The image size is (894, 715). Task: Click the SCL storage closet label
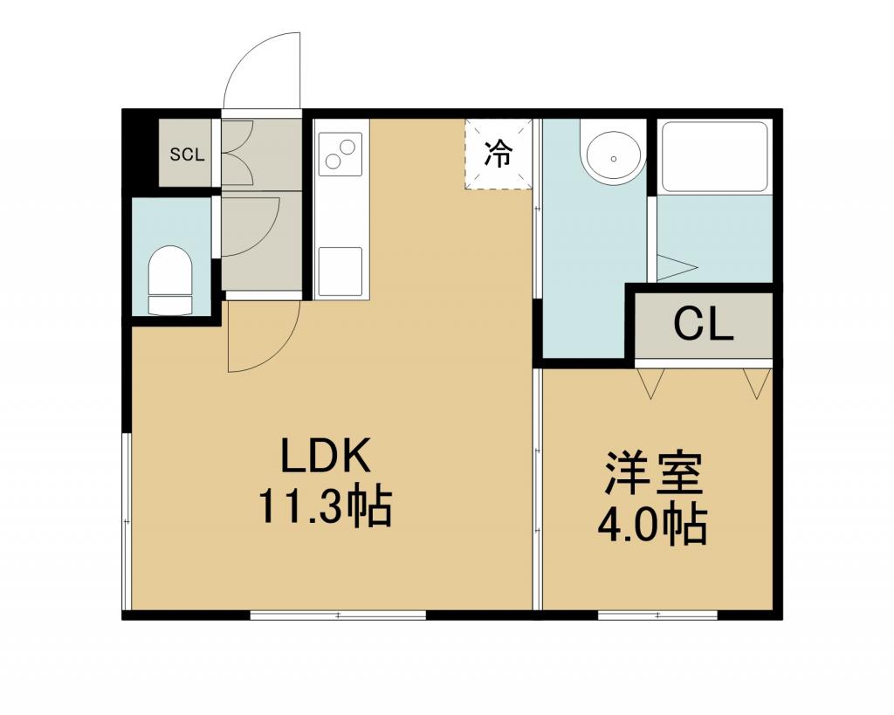point(187,154)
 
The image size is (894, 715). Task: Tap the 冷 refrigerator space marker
point(499,154)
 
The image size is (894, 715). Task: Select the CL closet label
point(703,325)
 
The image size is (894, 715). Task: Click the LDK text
point(326,455)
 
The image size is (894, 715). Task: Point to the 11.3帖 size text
point(326,505)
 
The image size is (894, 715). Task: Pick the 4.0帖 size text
point(653,524)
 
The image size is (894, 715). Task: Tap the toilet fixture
point(170,279)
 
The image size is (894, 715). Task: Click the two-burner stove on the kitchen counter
point(340,154)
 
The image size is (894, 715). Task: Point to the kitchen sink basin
point(340,272)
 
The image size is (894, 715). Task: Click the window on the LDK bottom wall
point(338,615)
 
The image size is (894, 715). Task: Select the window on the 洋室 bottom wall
point(657,615)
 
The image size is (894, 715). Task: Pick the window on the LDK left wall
point(127,521)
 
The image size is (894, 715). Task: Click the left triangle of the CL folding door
point(650,383)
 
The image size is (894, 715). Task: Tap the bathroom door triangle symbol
point(677,267)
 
